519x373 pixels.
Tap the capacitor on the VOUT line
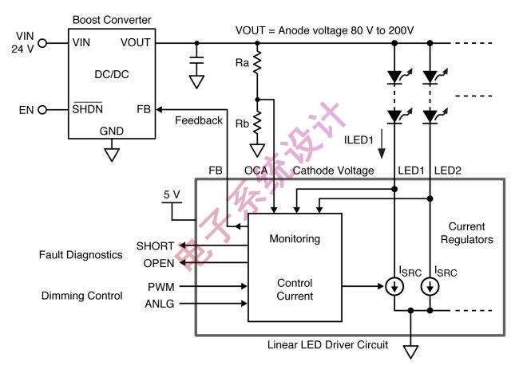click(x=196, y=61)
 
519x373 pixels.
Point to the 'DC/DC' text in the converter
click(x=112, y=73)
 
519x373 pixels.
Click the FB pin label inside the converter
click(x=143, y=109)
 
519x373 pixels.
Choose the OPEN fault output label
click(x=158, y=263)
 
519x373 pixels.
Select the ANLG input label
click(x=159, y=303)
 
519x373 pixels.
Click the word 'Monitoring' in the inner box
click(x=295, y=238)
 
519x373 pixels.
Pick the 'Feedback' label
click(x=198, y=120)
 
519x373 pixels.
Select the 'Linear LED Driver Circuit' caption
click(x=327, y=344)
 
